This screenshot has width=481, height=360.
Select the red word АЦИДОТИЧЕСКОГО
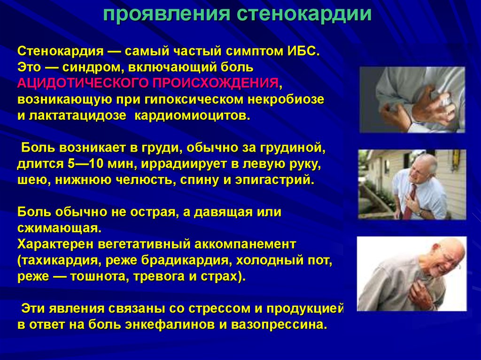[83, 84]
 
